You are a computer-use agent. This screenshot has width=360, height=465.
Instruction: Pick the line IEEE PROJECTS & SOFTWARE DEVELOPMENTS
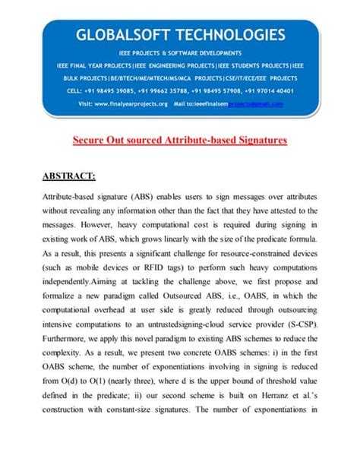[180, 52]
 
